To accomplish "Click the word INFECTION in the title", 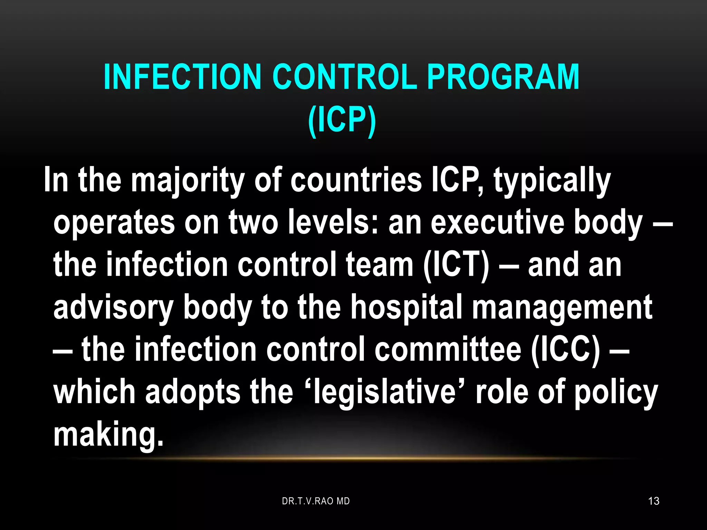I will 182,77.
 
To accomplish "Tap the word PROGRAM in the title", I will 503,77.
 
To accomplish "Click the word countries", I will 356,180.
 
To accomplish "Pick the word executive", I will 497,222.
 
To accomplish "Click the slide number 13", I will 653,501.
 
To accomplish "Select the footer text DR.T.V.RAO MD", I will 316,501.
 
